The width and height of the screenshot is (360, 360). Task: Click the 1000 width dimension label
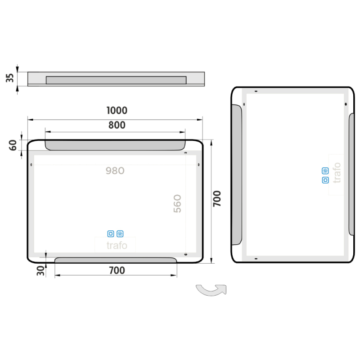[x=117, y=110]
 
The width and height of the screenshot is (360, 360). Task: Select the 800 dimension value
[x=117, y=125]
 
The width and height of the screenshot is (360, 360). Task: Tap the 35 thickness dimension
[x=9, y=78]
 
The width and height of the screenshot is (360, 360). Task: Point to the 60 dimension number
[x=13, y=145]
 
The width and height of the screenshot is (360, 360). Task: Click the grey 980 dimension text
[x=115, y=171]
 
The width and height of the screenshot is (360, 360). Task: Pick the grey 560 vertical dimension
[x=177, y=204]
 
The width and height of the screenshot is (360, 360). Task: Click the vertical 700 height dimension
[x=217, y=198]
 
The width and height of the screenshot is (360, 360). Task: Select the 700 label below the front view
[x=117, y=270]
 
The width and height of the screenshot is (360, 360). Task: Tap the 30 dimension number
[x=40, y=271]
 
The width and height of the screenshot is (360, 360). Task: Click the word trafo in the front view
[x=117, y=245]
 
